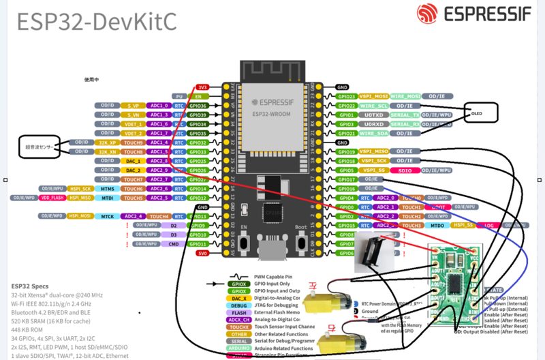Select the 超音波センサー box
pos(38,146)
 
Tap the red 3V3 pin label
pos(202,87)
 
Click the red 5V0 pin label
pos(202,253)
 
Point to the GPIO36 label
pos(198,106)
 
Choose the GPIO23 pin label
pos(346,97)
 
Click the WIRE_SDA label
pos(373,134)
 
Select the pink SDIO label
pos(404,170)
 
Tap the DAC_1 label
pos(134,161)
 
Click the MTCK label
pos(108,216)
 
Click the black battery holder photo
pos(377,253)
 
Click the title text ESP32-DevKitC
pos(96,21)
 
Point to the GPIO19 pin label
pos(346,151)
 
